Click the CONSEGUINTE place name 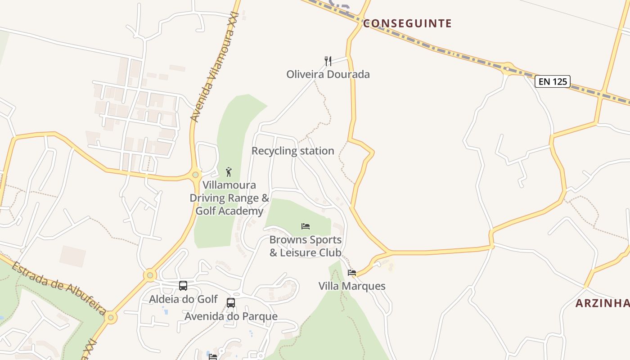(407, 23)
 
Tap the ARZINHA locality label (603, 303)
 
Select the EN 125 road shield (553, 81)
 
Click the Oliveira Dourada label (328, 74)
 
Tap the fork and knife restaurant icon (328, 61)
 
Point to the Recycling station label (293, 151)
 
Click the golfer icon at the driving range (229, 171)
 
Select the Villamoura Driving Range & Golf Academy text (229, 198)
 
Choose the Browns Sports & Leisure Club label (306, 246)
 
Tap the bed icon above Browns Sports (306, 226)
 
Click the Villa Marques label (352, 286)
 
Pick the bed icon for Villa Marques (352, 273)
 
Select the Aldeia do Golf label (183, 299)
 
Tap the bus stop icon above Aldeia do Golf (183, 286)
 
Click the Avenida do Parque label (231, 316)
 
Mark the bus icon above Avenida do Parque (231, 303)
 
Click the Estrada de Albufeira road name (58, 288)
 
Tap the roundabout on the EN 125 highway (508, 68)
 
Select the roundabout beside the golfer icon (195, 175)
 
